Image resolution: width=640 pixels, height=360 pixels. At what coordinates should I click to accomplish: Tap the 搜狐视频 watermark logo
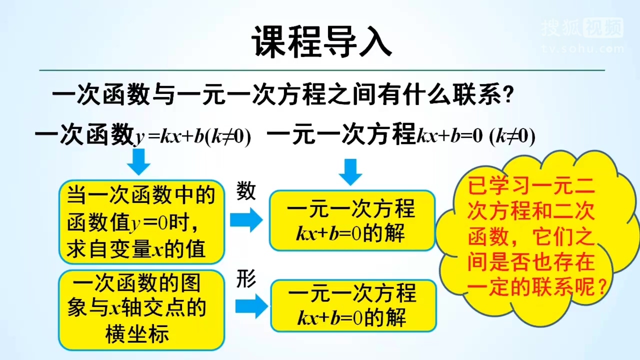tap(583, 27)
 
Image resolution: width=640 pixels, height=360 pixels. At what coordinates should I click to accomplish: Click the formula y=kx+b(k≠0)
tap(193, 136)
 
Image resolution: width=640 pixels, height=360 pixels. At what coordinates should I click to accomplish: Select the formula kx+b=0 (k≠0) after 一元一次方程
tap(476, 136)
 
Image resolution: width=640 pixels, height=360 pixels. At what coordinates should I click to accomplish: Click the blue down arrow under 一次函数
tap(139, 161)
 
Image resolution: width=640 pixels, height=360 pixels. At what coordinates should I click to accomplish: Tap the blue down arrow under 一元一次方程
tap(350, 172)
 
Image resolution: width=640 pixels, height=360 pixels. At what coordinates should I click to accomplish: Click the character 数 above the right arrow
tap(246, 190)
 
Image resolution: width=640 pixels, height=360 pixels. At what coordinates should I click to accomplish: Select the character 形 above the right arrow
tap(246, 279)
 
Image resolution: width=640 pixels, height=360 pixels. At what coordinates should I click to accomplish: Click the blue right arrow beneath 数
tap(246, 219)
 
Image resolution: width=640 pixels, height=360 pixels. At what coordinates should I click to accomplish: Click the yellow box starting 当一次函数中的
tap(141, 222)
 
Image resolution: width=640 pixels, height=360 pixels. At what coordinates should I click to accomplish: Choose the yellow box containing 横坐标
tap(141, 310)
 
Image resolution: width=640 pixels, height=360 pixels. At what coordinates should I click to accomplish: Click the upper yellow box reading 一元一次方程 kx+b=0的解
tap(352, 220)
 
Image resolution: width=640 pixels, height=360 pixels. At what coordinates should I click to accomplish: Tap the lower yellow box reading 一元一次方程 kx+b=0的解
tap(353, 306)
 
